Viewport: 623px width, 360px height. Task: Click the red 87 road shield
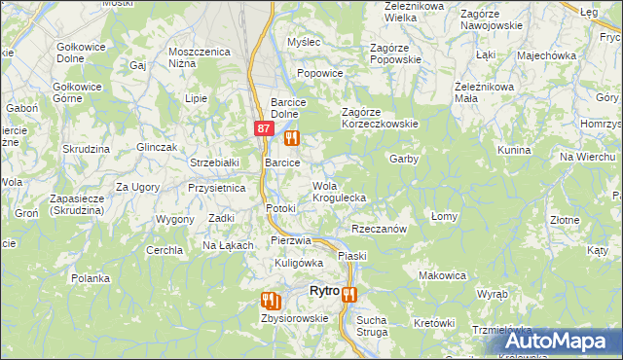264,127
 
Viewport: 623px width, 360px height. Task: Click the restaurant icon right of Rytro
349,293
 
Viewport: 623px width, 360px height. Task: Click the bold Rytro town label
323,291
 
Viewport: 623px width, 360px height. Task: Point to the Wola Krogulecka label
338,192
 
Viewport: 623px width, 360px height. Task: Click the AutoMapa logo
563,342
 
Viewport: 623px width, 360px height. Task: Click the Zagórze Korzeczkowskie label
379,124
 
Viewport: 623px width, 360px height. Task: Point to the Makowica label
442,275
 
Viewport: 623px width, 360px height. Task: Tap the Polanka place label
90,278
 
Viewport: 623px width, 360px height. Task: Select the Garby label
403,158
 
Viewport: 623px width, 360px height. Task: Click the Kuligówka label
298,263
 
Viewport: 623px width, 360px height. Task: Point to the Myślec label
303,42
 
